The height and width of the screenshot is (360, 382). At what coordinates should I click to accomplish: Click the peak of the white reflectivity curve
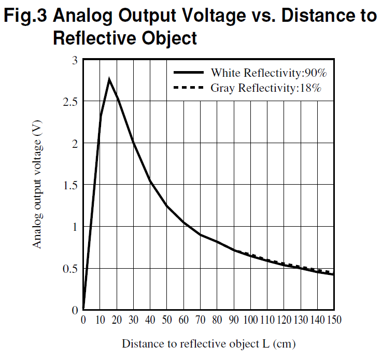point(109,79)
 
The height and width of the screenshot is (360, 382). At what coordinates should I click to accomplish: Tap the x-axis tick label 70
point(200,321)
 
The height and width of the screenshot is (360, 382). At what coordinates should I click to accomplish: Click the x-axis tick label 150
point(334,321)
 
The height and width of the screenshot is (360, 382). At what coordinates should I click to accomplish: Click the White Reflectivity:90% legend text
point(268,73)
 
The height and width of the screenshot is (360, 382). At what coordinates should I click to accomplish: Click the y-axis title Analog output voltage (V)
point(37,188)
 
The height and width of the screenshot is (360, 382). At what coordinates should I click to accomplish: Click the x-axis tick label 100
point(250,321)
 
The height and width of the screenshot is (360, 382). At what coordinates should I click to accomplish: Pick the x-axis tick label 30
point(133,321)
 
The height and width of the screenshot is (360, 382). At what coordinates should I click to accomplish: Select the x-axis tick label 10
point(100,321)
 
